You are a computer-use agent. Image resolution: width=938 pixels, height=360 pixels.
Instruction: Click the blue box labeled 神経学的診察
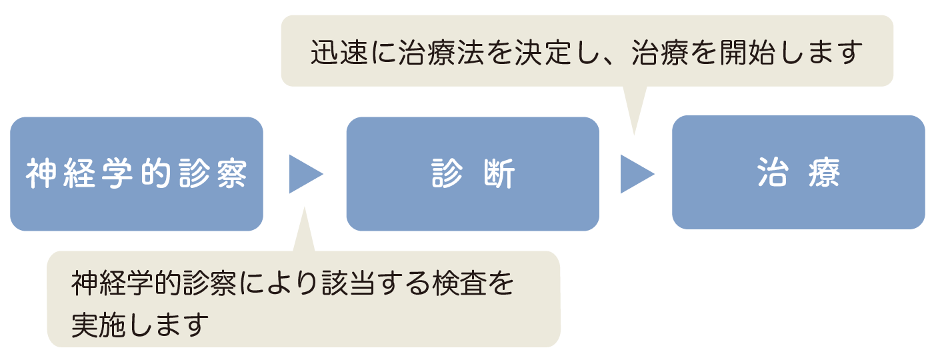pyautogui.click(x=137, y=174)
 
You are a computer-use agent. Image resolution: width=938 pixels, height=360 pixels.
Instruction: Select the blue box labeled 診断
pyautogui.click(x=473, y=174)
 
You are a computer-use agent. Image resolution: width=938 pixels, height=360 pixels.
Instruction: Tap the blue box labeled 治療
pyautogui.click(x=799, y=172)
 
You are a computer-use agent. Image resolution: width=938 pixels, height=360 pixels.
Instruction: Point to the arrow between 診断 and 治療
pyautogui.click(x=637, y=174)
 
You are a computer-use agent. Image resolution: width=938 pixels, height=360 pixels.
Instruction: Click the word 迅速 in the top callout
pyautogui.click(x=339, y=53)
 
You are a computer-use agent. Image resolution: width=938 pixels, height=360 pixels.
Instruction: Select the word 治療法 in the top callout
pyautogui.click(x=441, y=53)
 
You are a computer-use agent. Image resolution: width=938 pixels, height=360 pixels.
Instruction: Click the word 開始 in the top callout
pyautogui.click(x=747, y=53)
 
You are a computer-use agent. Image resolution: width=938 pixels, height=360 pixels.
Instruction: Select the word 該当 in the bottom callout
pyautogui.click(x=349, y=283)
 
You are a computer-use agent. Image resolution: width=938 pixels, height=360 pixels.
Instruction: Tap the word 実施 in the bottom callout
pyautogui.click(x=99, y=325)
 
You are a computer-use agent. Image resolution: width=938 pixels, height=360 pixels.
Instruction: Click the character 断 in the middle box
pyautogui.click(x=499, y=174)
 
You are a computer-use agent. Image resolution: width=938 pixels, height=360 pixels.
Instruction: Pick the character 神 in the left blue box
pyautogui.click(x=41, y=174)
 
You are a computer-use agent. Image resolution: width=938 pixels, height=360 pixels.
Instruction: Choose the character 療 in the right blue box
pyautogui.click(x=824, y=172)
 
